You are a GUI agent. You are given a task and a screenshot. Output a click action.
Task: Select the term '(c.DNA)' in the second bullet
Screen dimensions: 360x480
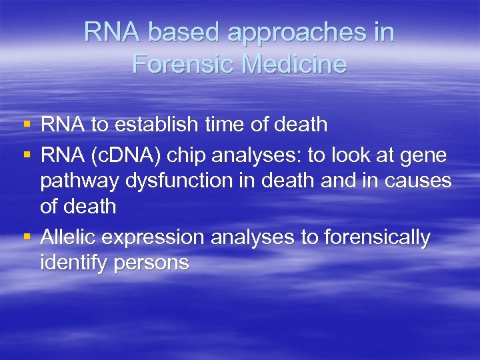131,156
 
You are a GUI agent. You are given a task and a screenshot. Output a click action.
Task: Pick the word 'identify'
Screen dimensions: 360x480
73,263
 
